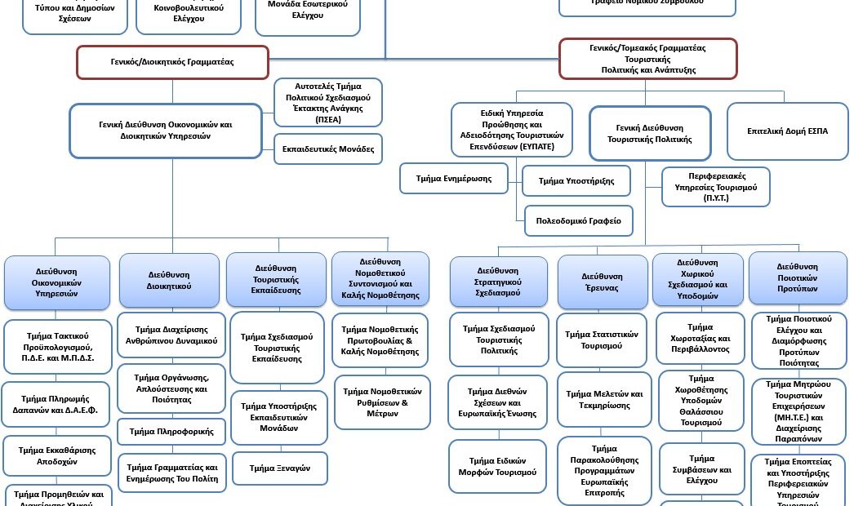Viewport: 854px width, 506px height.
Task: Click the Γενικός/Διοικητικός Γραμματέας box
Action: tap(172, 62)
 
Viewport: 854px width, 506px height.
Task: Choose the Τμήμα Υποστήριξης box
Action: tap(576, 180)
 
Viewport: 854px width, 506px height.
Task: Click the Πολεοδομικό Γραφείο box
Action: tap(578, 220)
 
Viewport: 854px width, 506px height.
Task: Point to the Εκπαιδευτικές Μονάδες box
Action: tap(328, 149)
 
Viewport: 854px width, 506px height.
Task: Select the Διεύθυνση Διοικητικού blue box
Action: tap(169, 281)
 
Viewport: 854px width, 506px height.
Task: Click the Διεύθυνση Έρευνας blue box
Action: tap(602, 282)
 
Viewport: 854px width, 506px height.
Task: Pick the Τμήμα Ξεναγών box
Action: tap(280, 468)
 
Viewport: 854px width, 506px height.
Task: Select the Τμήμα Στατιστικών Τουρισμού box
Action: tap(602, 340)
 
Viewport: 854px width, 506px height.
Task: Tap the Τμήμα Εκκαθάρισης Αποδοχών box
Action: tap(56, 455)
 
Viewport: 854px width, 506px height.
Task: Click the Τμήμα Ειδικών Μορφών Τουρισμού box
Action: tap(498, 466)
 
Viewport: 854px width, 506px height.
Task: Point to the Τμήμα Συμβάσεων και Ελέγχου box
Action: tap(701, 469)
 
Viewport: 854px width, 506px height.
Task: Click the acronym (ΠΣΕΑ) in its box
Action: tap(327, 119)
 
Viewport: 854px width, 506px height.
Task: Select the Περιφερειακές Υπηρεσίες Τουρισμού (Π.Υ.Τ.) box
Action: tap(715, 187)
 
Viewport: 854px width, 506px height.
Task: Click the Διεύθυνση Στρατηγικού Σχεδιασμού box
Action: tap(498, 282)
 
